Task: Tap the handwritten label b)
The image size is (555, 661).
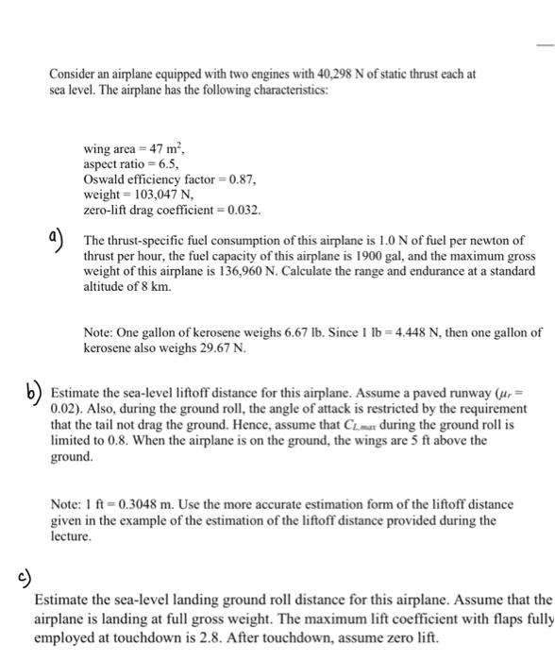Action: point(35,389)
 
